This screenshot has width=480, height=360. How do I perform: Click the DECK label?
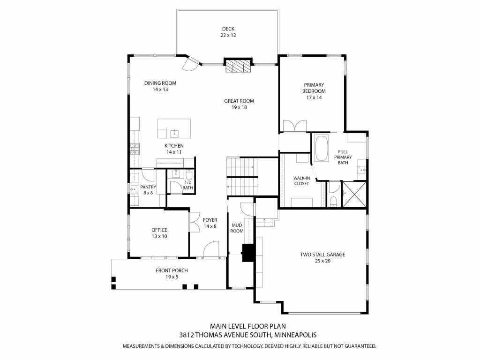click(228, 29)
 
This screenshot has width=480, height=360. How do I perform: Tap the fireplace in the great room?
click(238, 66)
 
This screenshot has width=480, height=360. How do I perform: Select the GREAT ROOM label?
click(239, 101)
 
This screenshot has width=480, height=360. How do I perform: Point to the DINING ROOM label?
click(160, 83)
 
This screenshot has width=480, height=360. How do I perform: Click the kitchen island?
click(174, 128)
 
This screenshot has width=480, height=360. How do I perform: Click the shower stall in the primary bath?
click(354, 194)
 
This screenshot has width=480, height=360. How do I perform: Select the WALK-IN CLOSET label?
click(301, 180)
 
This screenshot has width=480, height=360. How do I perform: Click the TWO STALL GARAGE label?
click(322, 255)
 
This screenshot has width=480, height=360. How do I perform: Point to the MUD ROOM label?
click(237, 228)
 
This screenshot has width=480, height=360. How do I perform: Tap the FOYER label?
click(210, 220)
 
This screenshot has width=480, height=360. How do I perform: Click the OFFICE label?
click(159, 230)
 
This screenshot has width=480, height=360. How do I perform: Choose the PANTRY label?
click(148, 187)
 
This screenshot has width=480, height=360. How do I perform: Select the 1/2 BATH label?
click(188, 185)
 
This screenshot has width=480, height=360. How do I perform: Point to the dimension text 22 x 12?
click(228, 35)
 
